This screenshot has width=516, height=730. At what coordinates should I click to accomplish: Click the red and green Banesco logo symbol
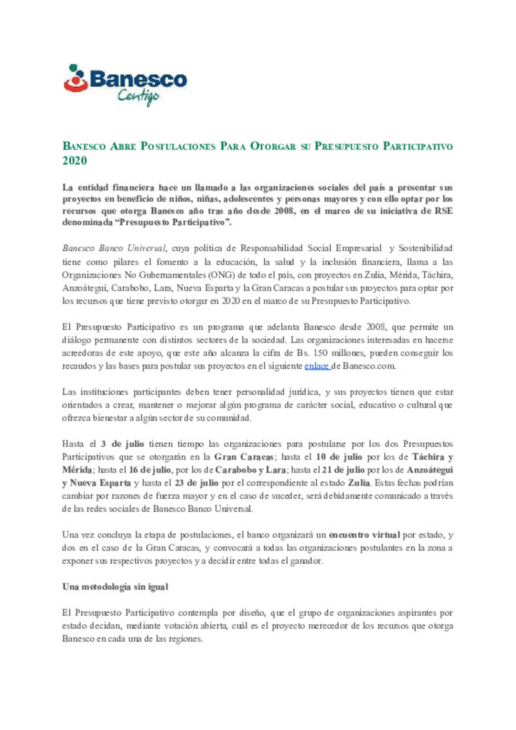coord(75,78)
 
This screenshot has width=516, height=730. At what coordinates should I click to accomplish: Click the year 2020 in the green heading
coord(75,161)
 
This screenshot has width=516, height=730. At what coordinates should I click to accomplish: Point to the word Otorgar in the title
coord(273,146)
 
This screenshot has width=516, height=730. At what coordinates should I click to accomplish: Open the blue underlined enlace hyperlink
coord(317,366)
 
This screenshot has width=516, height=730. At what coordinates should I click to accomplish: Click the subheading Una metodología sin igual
coord(115,587)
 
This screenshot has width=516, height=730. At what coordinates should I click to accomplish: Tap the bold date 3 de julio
coord(122,444)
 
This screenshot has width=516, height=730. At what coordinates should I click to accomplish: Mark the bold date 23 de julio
coord(196,483)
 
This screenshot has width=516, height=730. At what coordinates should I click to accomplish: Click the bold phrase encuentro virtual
coord(365,535)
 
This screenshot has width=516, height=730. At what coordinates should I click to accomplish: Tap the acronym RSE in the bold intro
coord(443,211)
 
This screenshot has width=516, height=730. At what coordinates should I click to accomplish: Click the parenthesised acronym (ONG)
coord(221,275)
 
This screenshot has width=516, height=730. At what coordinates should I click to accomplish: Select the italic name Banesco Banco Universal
coord(114,248)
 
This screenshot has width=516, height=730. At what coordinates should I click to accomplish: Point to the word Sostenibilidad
coord(425,248)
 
